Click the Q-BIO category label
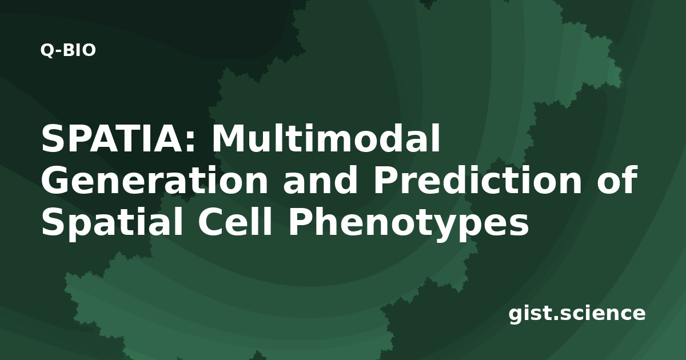[x=68, y=50]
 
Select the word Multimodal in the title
[x=326, y=138]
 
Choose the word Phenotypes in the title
[x=408, y=223]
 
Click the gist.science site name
[x=577, y=314]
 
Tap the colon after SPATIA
[x=190, y=142]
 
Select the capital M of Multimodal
[x=229, y=138]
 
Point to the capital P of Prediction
[x=385, y=180]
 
